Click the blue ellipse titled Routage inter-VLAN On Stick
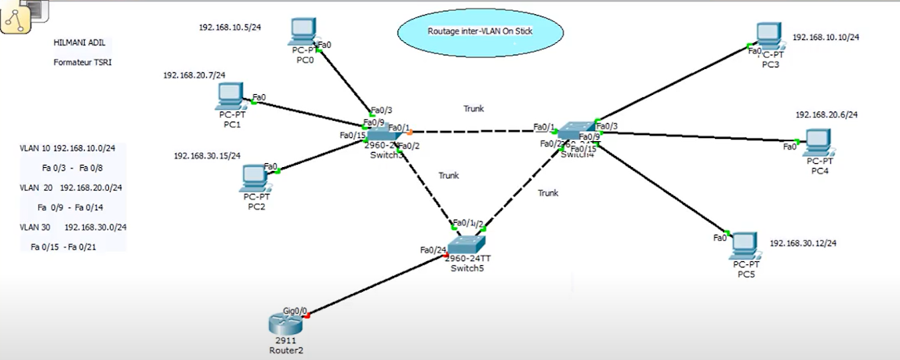(x=481, y=32)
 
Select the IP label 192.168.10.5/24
(x=230, y=27)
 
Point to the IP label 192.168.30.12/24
(x=804, y=242)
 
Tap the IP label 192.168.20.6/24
(x=826, y=115)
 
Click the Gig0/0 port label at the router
(x=295, y=311)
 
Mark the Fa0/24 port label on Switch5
(x=433, y=250)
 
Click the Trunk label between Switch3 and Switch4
(x=474, y=109)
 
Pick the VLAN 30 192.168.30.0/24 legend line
(x=73, y=227)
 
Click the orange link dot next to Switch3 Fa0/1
(x=409, y=132)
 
